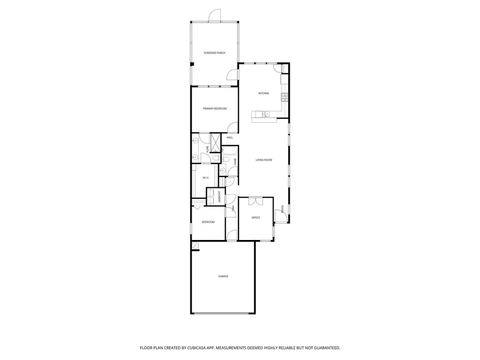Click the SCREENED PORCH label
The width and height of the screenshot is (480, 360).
(215, 53)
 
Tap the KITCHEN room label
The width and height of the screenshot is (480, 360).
(264, 94)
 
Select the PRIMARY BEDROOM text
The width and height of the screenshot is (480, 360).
(215, 108)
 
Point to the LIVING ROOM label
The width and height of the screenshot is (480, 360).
(264, 160)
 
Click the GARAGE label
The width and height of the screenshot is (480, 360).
(223, 276)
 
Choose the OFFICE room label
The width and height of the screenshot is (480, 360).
(256, 217)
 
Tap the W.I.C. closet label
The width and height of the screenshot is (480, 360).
(206, 178)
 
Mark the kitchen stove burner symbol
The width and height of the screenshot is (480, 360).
(285, 97)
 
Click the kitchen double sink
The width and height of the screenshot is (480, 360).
(265, 114)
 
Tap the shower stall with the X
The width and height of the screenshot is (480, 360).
(216, 143)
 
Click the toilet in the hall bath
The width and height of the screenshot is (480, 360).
(216, 158)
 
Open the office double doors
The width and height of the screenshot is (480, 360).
(256, 201)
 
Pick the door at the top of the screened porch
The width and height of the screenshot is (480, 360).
(214, 15)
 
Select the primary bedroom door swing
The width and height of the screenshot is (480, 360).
(233, 127)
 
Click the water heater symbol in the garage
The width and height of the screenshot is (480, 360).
(195, 245)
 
